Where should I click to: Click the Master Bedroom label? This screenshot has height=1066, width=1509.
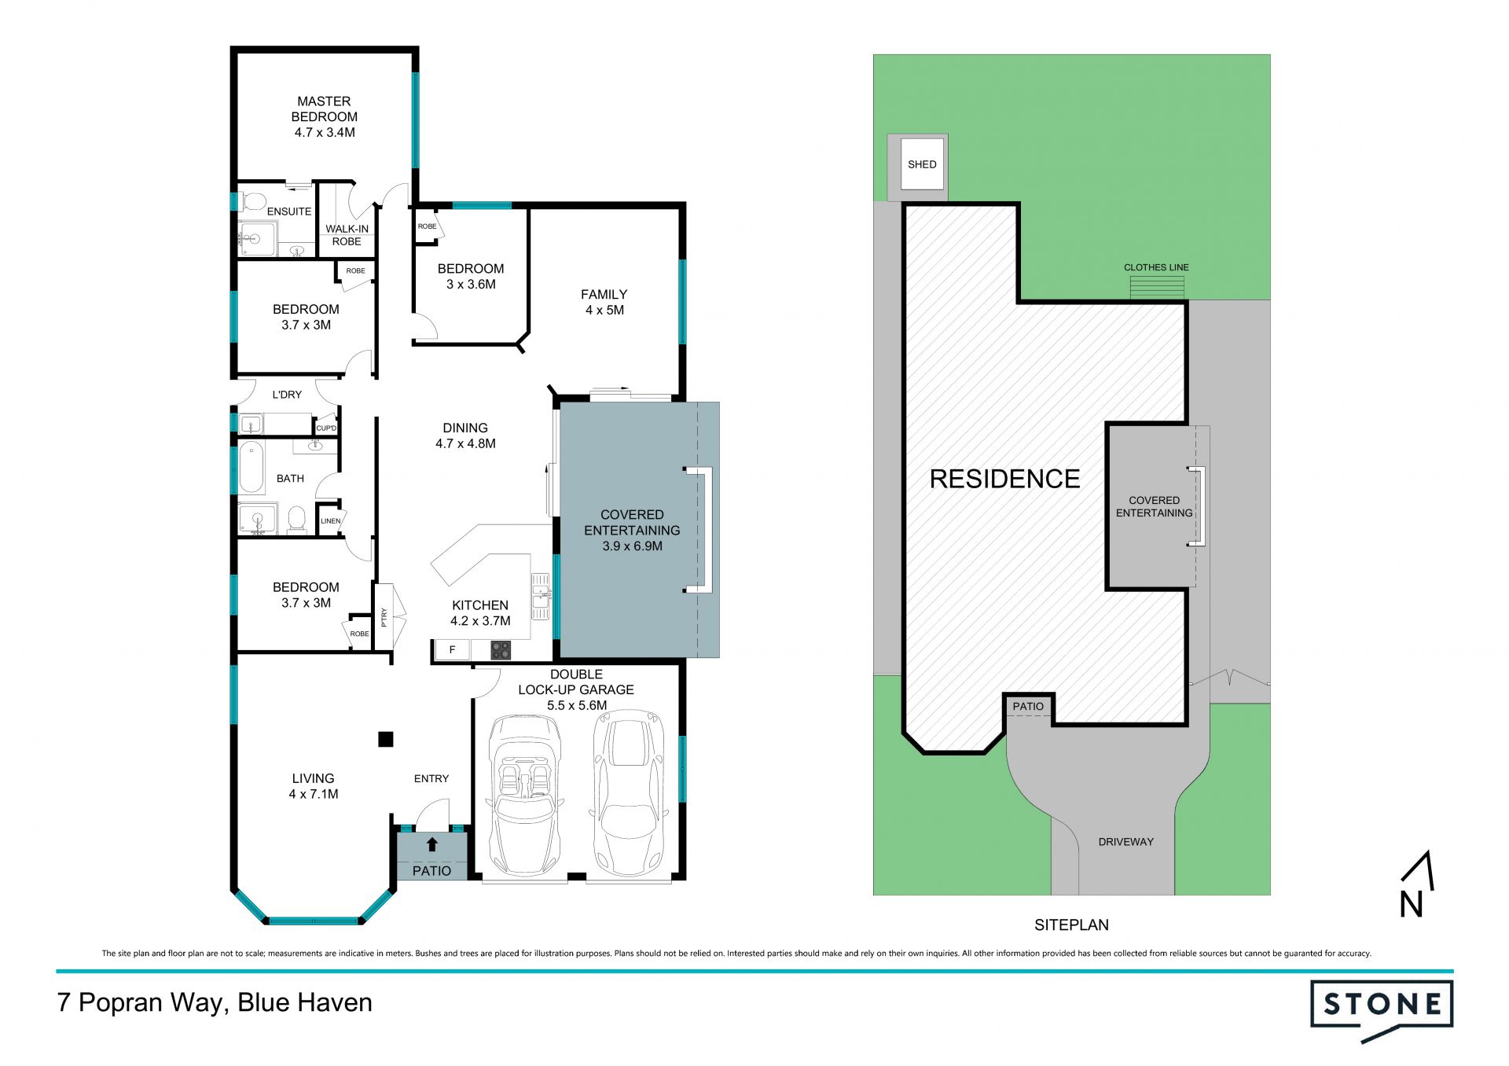click(324, 109)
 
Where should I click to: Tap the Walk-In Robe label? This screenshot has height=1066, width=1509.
click(347, 235)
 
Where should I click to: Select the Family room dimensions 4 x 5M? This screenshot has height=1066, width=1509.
click(604, 311)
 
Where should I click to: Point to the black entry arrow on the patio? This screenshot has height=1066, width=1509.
click(431, 844)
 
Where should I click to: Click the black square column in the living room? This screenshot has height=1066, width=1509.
click(385, 739)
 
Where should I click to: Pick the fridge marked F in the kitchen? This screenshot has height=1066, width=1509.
click(452, 649)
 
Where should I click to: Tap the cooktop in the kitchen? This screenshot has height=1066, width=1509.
click(501, 650)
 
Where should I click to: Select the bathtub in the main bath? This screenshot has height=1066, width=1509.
click(251, 468)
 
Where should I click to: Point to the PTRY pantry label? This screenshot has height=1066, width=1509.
click(384, 617)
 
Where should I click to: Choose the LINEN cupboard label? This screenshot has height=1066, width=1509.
click(330, 520)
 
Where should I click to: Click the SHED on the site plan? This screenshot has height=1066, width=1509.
click(922, 164)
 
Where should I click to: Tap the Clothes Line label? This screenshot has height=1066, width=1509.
click(1156, 267)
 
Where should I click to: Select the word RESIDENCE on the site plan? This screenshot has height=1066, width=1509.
click(1004, 479)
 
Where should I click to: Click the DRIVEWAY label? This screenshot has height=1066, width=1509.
click(1125, 842)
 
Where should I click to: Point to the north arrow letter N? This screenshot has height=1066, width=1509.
click(1412, 904)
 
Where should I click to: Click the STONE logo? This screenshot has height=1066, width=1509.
click(1382, 1009)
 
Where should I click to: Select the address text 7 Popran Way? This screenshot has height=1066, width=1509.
click(143, 1003)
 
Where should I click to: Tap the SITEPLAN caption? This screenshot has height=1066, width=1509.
click(1071, 925)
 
